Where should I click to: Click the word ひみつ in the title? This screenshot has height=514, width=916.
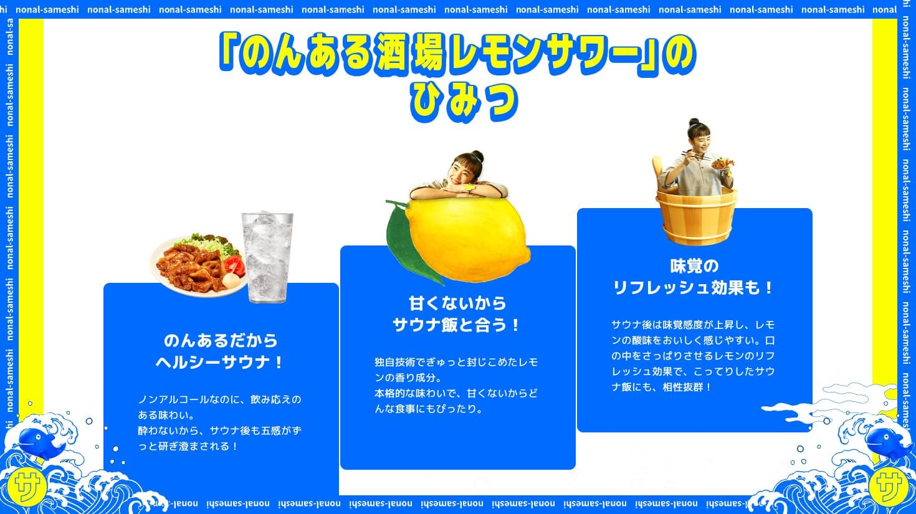tap(464, 103)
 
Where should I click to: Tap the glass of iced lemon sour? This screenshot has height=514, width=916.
tap(268, 257)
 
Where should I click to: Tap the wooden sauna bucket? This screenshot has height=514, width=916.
tap(696, 217)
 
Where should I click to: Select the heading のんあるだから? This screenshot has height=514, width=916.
tap(221, 340)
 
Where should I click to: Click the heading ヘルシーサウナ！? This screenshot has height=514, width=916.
tap(220, 362)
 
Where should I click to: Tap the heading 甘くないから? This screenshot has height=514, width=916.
tap(457, 303)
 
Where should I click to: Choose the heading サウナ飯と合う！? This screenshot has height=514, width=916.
tap(457, 325)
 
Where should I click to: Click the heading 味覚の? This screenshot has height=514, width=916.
tap(694, 266)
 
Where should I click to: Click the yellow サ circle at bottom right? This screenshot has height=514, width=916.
tap(890, 487)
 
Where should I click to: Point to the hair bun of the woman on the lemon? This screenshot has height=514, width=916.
tap(477, 156)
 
